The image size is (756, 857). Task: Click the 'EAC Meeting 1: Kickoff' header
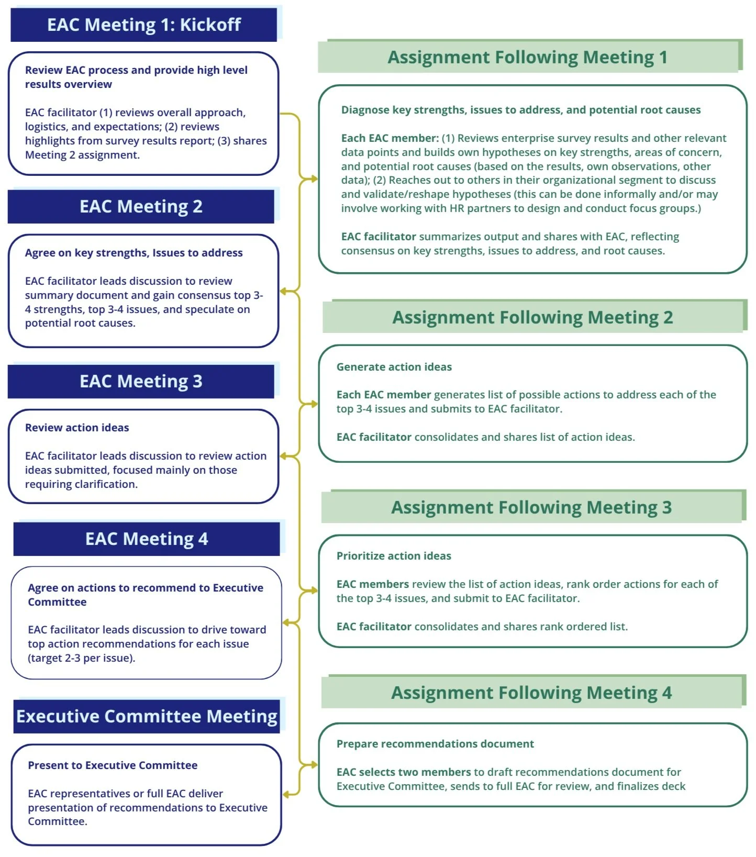143,25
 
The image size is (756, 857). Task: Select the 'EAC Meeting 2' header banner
141,206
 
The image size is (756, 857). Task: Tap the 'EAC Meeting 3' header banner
141,381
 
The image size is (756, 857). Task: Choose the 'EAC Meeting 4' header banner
147,539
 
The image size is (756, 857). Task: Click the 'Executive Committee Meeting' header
147,716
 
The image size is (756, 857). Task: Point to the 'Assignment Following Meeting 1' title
527,57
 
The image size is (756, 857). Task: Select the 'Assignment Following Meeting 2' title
532,317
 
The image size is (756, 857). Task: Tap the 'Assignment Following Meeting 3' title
531,507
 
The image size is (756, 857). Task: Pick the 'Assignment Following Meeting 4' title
531,692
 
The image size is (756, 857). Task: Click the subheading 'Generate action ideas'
394,366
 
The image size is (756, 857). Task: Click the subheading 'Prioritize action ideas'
394,555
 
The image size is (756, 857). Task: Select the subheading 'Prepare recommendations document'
435,743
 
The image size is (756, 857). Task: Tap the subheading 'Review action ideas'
77,427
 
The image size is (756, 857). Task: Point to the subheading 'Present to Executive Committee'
113,765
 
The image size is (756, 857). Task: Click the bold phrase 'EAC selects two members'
404,772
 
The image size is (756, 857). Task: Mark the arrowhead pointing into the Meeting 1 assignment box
314,179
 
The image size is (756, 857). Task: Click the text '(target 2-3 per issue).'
81,658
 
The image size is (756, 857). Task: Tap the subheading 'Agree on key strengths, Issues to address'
134,252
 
